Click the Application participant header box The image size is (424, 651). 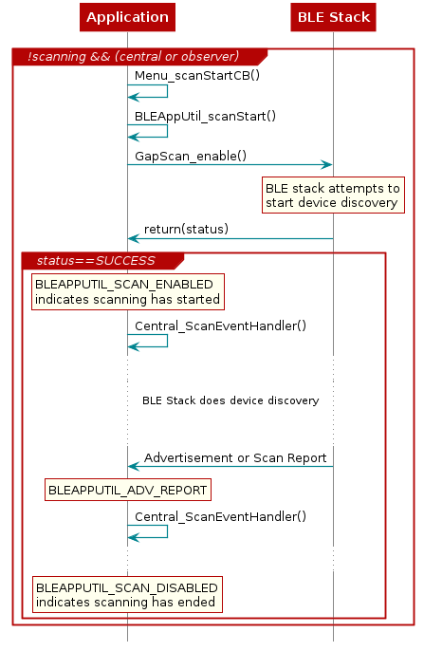pyautogui.click(x=127, y=17)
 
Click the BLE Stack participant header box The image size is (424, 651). pyautogui.click(x=333, y=17)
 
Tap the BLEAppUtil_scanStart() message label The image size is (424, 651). pyautogui.click(x=205, y=116)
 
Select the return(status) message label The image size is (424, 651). pyautogui.click(x=186, y=229)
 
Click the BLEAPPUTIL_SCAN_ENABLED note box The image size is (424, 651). pyautogui.click(x=127, y=292)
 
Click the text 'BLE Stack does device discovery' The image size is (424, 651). pyautogui.click(x=230, y=400)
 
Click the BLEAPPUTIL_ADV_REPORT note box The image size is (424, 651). pyautogui.click(x=127, y=490)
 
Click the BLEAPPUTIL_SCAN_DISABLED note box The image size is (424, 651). pyautogui.click(x=127, y=595)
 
